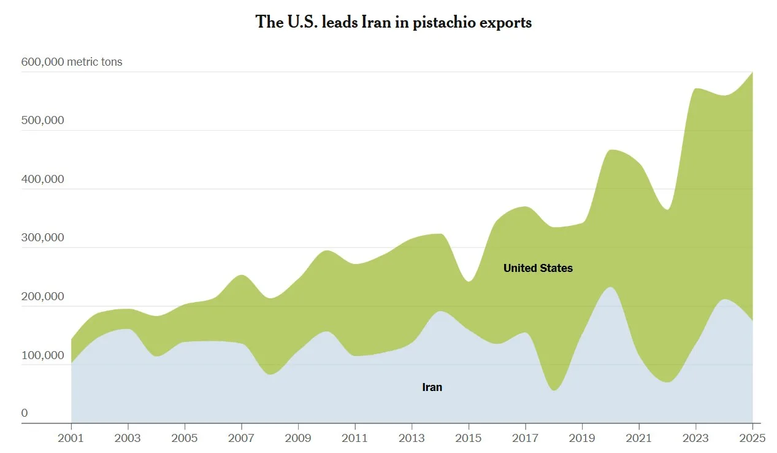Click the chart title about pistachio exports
click(393, 23)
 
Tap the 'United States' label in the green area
click(538, 268)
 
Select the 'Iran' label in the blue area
click(432, 387)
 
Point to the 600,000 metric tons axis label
click(72, 62)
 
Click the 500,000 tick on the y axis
click(42, 120)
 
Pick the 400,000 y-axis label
click(42, 179)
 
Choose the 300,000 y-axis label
click(42, 238)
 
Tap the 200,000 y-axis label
click(42, 296)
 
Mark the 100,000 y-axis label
click(42, 355)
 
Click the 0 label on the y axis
click(25, 413)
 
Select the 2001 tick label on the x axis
click(71, 438)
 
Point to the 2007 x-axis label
click(242, 438)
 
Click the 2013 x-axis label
click(412, 438)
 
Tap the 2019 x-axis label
click(583, 438)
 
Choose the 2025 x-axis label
click(752, 438)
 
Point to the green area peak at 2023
click(696, 90)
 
